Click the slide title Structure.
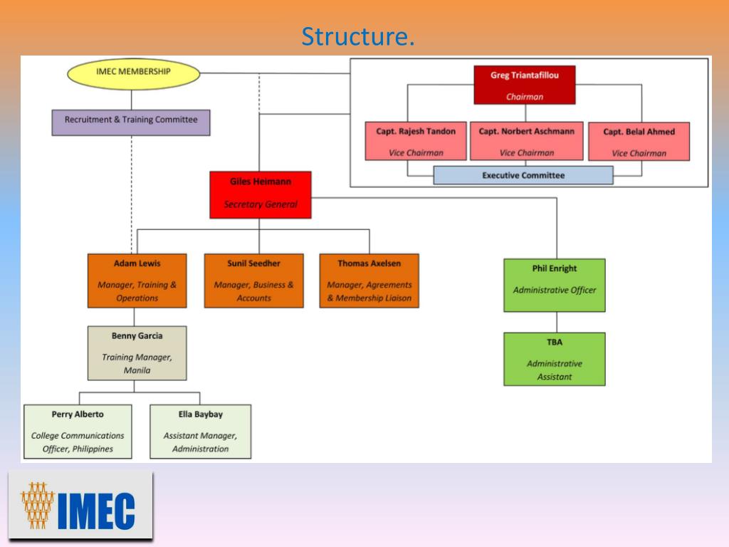coord(357,36)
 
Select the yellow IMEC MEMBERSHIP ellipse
coord(133,72)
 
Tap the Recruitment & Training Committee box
coord(131,121)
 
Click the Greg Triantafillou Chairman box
coord(524,85)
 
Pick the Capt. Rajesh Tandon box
coord(416,141)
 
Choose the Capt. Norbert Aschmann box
coord(526,141)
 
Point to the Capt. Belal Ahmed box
coord(639,141)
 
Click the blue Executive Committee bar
coord(523,175)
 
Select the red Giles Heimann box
coord(261,194)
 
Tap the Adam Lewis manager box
coord(137,281)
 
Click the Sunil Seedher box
coord(253,281)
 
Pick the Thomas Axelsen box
coord(369,281)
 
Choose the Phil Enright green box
coord(554,285)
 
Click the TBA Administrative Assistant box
coord(554,359)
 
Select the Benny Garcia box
coord(137,353)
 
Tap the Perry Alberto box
coord(78,431)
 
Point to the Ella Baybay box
coord(200,431)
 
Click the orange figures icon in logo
coord(38,505)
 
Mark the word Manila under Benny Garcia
coord(137,370)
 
